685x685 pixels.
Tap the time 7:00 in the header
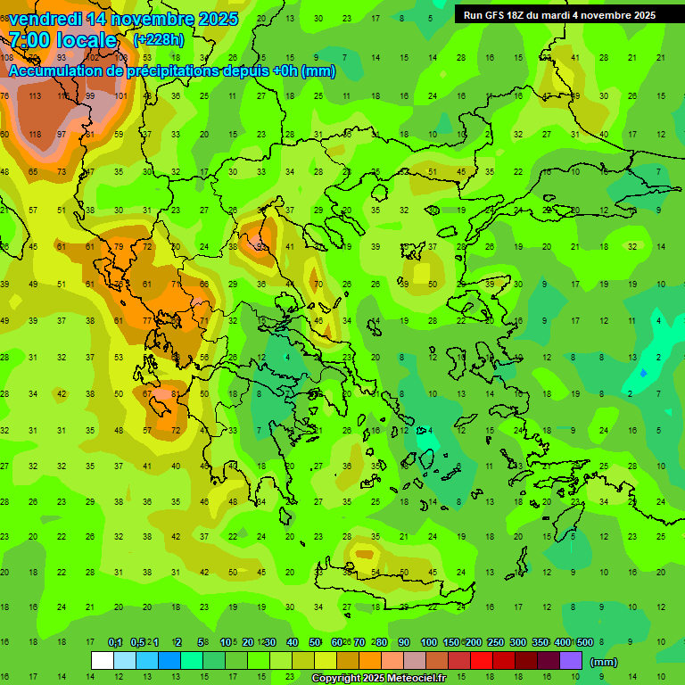coord(30,40)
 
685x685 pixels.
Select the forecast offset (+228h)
coord(158,39)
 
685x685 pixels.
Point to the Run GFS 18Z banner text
coord(499,15)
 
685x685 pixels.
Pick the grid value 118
coord(36,135)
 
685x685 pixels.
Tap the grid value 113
coord(36,95)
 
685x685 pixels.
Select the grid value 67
coord(147,393)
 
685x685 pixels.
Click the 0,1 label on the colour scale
coord(115,642)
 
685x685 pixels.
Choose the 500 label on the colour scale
coord(584,642)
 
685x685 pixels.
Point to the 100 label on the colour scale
coord(428,642)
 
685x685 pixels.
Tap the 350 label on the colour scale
coord(540,642)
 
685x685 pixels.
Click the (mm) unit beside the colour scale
coord(604,662)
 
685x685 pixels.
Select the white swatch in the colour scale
coord(103,661)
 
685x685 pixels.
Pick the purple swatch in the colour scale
coord(571,661)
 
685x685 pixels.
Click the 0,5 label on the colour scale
coord(137,642)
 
